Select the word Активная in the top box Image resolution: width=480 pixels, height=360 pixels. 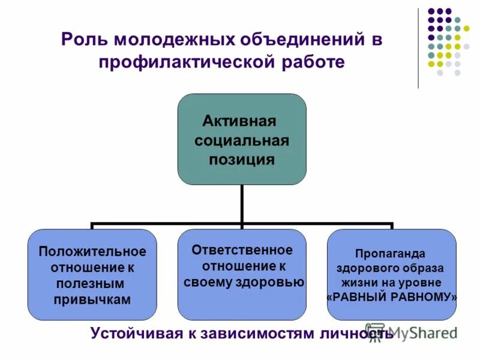click(239, 121)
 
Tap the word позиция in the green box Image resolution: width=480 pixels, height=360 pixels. click(242, 160)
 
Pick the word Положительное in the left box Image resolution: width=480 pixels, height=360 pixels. click(92, 251)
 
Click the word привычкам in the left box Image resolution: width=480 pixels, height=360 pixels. click(92, 300)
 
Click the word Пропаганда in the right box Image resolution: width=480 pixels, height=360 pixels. click(391, 253)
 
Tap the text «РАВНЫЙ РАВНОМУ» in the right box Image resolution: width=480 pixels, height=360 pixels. click(391, 297)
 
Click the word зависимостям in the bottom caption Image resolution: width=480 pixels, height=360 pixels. click(260, 333)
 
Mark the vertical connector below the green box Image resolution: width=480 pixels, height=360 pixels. click(242, 204)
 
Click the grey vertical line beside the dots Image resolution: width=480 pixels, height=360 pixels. click(418, 48)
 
